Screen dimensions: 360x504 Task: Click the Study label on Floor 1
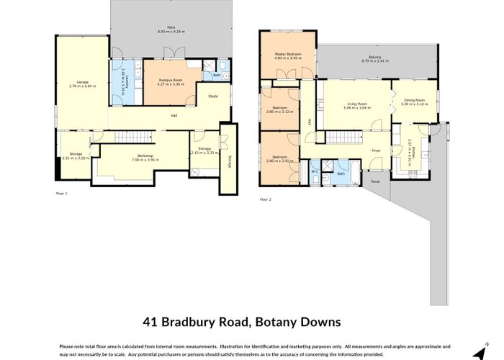(x=213, y=96)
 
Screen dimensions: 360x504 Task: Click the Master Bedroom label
(x=287, y=54)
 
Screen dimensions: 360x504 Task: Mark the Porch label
(x=375, y=181)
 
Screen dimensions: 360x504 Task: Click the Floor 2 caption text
(x=265, y=198)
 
